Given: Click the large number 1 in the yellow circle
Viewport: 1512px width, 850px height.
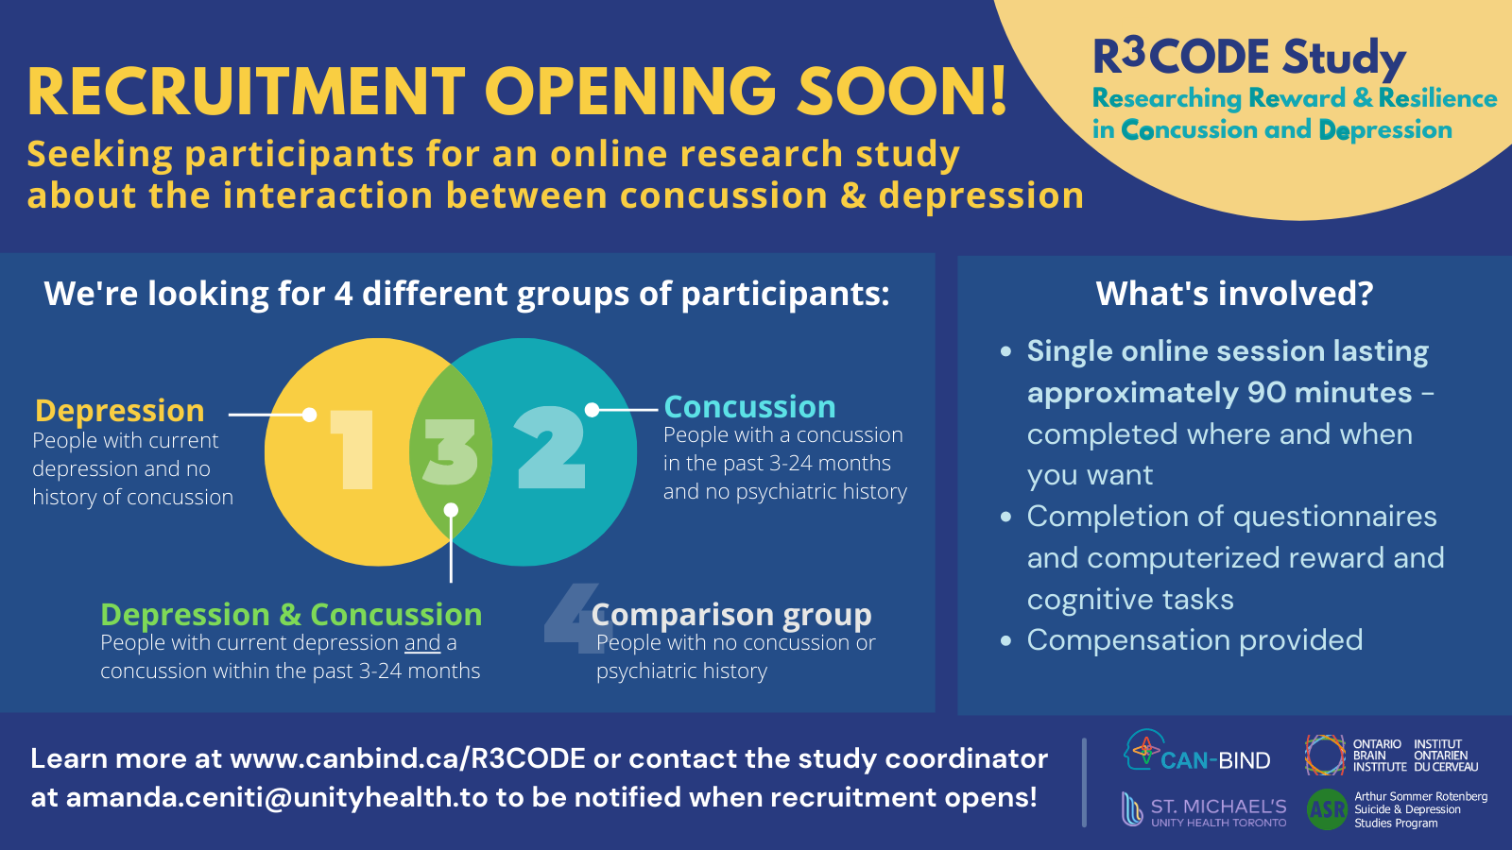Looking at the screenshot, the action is [x=352, y=450].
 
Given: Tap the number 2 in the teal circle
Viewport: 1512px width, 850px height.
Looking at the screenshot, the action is [x=550, y=448].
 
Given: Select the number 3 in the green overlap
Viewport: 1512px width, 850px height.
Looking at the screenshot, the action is [x=451, y=451].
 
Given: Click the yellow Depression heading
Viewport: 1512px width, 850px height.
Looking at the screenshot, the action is [x=119, y=410].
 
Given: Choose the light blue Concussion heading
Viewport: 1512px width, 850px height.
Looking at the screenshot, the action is [x=750, y=407].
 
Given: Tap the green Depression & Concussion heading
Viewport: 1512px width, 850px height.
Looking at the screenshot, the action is [x=292, y=615].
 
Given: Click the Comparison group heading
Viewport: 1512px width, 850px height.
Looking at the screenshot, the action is [x=731, y=615].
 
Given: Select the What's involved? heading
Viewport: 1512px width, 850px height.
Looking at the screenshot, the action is [x=1234, y=294].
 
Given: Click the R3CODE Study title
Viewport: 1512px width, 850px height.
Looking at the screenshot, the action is [x=1249, y=58].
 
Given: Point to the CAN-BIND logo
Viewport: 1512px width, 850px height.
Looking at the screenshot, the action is [x=1196, y=750].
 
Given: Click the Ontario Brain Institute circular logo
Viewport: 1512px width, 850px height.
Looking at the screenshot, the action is [x=1324, y=755].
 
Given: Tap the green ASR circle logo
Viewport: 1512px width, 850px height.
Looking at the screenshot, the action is [x=1327, y=809].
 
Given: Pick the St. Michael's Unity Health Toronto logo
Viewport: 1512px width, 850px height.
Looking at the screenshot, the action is [x=1204, y=809].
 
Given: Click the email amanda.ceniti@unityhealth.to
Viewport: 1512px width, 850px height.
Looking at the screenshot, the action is [x=277, y=797].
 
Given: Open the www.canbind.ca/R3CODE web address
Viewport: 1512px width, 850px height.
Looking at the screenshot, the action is [x=407, y=759].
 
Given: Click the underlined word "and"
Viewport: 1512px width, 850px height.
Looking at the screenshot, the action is [x=422, y=643].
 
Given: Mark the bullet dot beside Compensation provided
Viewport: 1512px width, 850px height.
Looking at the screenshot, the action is [x=1005, y=640].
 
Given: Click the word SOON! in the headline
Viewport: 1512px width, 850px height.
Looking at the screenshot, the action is [x=902, y=91].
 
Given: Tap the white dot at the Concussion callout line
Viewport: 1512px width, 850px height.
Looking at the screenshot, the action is [x=592, y=410].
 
